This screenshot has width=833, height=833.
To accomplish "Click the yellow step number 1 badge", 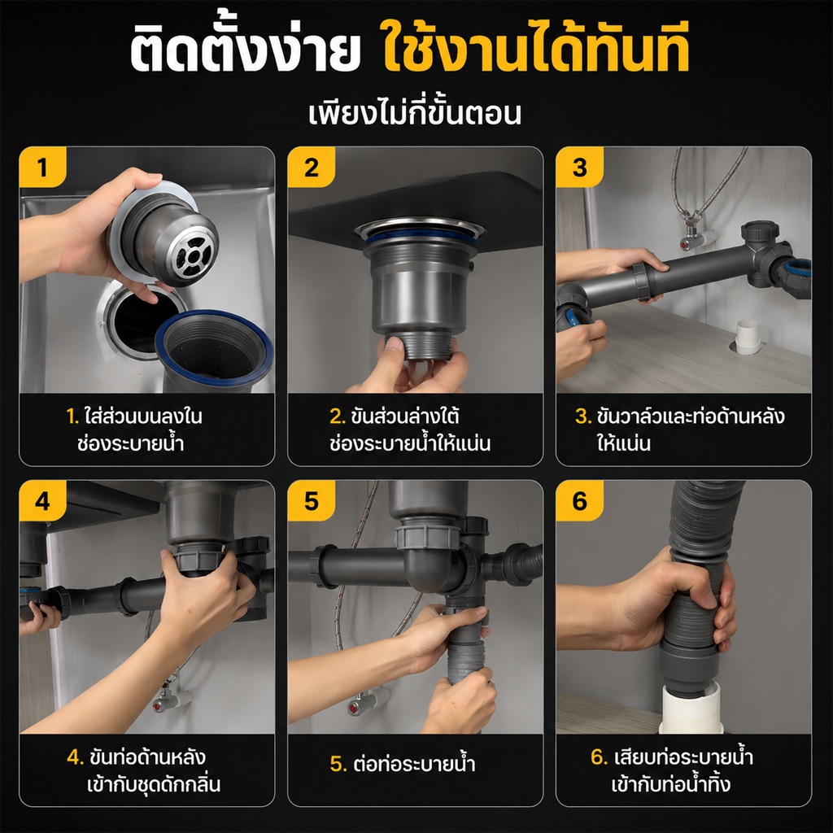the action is (42, 168).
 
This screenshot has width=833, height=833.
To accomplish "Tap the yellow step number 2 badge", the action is (312, 168).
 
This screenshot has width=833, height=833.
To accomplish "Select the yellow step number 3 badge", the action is (579, 168).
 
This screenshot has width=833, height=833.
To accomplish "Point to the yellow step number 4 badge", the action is (42, 501).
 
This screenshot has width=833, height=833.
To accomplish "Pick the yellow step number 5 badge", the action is (312, 501).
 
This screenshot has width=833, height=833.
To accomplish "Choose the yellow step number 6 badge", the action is (579, 501).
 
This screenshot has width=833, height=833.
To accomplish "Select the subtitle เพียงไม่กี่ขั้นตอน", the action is (415, 113).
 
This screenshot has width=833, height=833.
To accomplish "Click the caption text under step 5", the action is (403, 763).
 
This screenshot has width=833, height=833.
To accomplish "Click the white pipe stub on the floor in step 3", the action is (748, 337).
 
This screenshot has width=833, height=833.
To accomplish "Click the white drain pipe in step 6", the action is (690, 709).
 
